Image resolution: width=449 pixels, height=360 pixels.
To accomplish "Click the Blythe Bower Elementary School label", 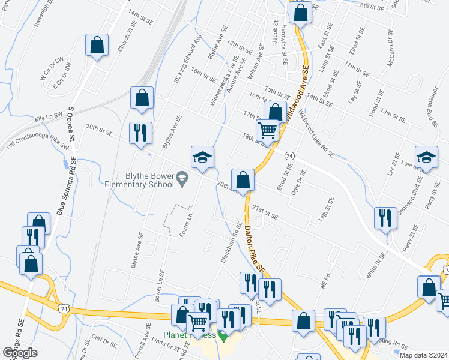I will tap(140, 181).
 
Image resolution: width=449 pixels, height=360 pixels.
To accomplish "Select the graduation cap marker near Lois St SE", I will tap(426, 157).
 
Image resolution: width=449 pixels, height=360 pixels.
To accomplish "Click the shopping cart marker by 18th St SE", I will tap(267, 130).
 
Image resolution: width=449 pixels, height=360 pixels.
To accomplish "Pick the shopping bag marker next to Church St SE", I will tap(97, 45).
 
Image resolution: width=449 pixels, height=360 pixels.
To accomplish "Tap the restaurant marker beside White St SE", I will tap(385, 218).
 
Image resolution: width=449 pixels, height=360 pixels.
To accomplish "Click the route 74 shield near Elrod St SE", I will tap(289, 155).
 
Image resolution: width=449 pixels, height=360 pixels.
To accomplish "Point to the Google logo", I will tap(20, 353).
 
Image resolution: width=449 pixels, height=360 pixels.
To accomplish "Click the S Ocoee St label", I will tap(70, 124).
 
